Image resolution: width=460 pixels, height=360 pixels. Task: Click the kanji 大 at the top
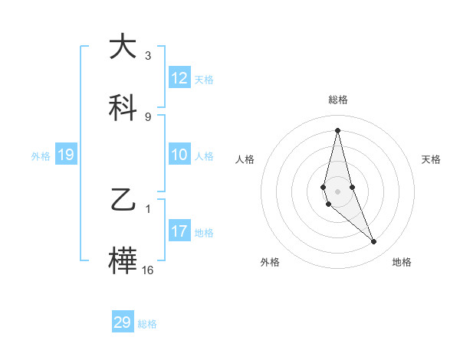pyautogui.click(x=123, y=47)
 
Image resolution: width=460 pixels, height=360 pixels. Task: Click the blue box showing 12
pyautogui.click(x=179, y=78)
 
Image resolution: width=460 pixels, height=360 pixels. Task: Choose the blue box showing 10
pyautogui.click(x=179, y=155)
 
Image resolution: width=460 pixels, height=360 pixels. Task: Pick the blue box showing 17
pyautogui.click(x=179, y=231)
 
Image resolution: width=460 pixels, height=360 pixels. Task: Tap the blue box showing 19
pyautogui.click(x=66, y=155)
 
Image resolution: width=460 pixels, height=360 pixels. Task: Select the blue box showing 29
pyautogui.click(x=123, y=322)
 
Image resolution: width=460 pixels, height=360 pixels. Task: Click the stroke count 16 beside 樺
pyautogui.click(x=148, y=270)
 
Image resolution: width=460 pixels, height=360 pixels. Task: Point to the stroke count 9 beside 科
pyautogui.click(x=148, y=116)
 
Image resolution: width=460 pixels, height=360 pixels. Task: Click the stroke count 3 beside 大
pyautogui.click(x=148, y=56)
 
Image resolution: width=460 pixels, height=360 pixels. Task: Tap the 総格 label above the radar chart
pyautogui.click(x=338, y=100)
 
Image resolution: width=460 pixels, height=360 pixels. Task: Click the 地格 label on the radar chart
pyautogui.click(x=402, y=263)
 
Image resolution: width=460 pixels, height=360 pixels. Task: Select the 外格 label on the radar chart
pyautogui.click(x=270, y=263)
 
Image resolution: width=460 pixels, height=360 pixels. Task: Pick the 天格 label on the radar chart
pyautogui.click(x=432, y=159)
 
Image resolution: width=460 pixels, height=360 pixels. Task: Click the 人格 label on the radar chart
pyautogui.click(x=245, y=159)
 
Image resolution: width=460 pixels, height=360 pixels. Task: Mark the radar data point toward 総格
pyautogui.click(x=337, y=129)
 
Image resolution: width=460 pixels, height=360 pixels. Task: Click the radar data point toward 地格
pyautogui.click(x=374, y=242)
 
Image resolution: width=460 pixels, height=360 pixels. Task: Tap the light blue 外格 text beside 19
pyautogui.click(x=41, y=155)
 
